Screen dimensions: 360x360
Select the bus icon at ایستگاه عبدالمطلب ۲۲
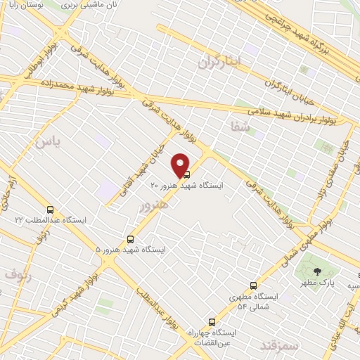pyautogui.click(x=50, y=210)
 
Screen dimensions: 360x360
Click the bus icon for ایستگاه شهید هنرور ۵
pyautogui.click(x=130, y=239)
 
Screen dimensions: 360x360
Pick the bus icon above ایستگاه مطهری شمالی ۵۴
pyautogui.click(x=253, y=285)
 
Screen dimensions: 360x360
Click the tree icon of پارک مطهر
pyautogui.click(x=317, y=271)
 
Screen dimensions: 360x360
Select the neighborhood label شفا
pyautogui.click(x=240, y=126)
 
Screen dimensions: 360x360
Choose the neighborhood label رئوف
pyautogui.click(x=18, y=274)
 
